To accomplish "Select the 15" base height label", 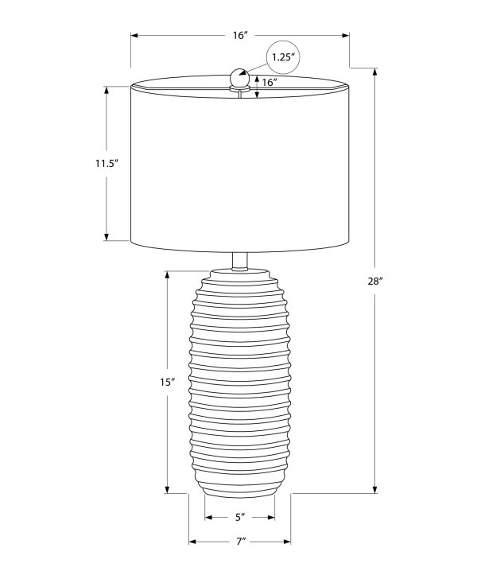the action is [167, 383].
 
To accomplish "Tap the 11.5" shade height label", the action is [107, 163].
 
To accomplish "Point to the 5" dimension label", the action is [240, 517].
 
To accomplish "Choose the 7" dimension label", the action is [241, 542].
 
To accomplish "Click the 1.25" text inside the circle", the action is [283, 57].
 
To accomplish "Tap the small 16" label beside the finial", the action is [270, 83].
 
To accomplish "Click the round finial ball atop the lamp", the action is [239, 78].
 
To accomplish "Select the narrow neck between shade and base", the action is [240, 261].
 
